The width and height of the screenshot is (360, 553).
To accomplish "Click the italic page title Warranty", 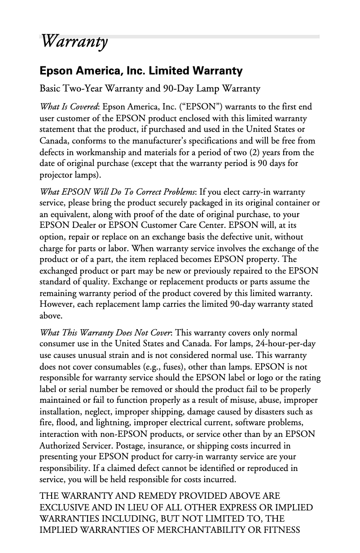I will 74,42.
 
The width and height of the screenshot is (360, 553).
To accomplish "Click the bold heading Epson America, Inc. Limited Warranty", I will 141,71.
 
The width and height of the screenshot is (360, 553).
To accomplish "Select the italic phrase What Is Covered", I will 69,107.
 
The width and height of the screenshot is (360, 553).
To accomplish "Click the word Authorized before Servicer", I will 60,445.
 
